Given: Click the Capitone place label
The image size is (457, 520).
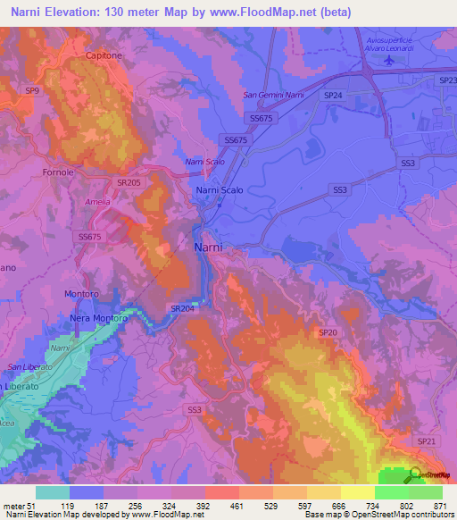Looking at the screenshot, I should [x=104, y=55].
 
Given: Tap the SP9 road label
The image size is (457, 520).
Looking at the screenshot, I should [x=32, y=91].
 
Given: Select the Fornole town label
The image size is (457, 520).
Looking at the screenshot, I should [x=58, y=172].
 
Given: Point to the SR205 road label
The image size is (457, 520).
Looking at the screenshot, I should [x=128, y=182].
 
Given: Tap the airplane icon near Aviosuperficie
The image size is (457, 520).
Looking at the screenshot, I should [x=388, y=60].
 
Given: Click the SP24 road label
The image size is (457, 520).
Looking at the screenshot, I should [x=333, y=95].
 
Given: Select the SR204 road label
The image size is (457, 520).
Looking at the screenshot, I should [x=181, y=308].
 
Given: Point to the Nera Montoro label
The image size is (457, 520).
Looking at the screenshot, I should [x=99, y=318].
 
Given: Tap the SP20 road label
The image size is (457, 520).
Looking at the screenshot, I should [x=328, y=332].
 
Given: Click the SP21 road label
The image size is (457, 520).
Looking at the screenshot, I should [x=426, y=441].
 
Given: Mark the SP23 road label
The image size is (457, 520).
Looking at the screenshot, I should [x=447, y=80].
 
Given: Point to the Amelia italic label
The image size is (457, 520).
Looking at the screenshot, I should [x=98, y=203].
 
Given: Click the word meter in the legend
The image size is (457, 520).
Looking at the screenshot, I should [x=15, y=506].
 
